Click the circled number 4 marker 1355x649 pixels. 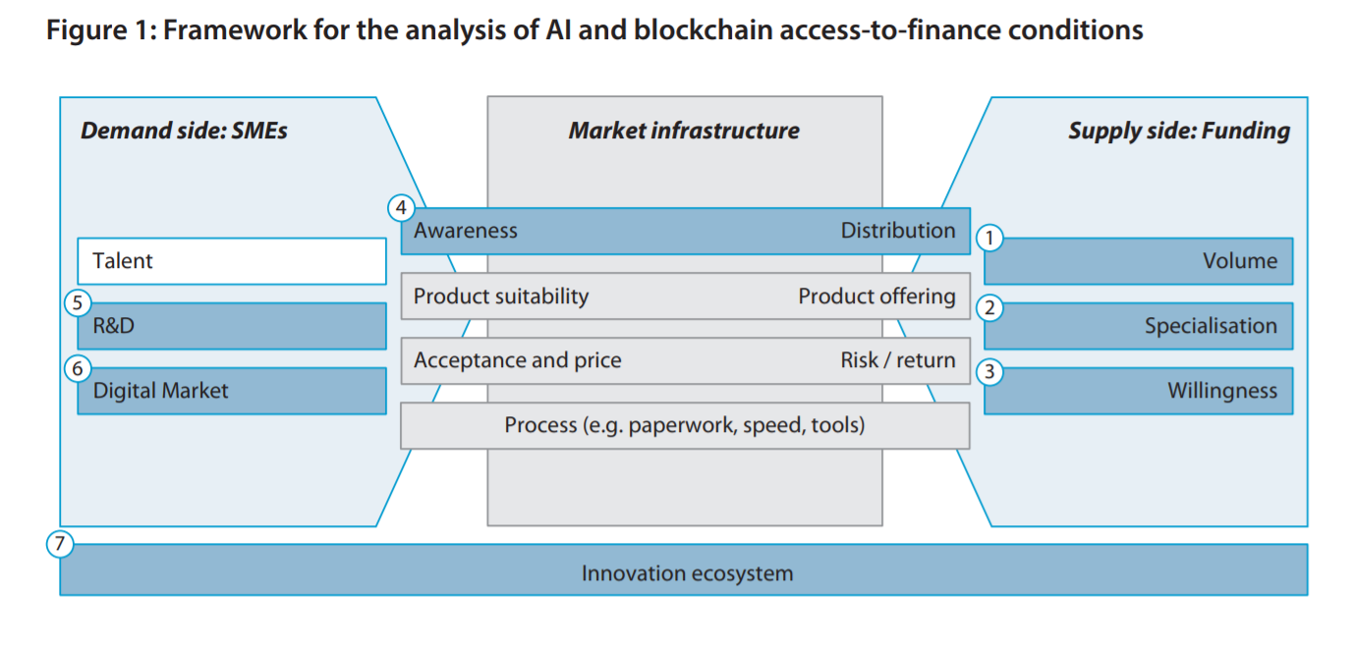pos(401,208)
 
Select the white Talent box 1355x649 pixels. pos(231,261)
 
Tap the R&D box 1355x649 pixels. pos(231,326)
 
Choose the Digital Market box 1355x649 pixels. pos(231,391)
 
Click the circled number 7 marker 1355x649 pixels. pos(61,544)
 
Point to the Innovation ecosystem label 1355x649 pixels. pos(687,573)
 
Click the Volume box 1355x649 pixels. pos(1138,261)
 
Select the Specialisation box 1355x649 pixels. pos(1138,326)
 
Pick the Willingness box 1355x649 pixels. pos(1138,391)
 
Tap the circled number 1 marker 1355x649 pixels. pos(990,238)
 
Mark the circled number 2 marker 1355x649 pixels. pos(990,308)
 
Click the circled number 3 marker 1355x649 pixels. pos(990,372)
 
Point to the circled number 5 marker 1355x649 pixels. pos(78,302)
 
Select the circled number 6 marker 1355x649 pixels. pos(78,368)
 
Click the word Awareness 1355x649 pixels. pos(465,231)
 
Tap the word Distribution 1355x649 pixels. pos(898,231)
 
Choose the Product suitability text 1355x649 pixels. pos(501,297)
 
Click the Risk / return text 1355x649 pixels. pos(898,360)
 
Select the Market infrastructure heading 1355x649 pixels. pos(684,131)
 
